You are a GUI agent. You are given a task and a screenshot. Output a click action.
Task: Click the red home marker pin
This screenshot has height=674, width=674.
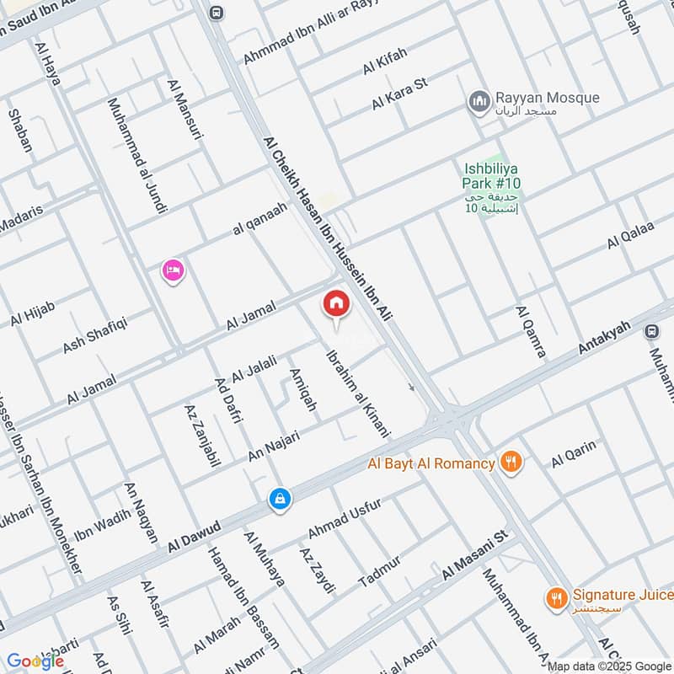tap(336, 304)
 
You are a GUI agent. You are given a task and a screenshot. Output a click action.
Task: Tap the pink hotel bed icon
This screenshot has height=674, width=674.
tap(173, 270)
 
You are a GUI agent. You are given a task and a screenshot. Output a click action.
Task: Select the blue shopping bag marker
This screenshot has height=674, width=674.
tap(280, 499)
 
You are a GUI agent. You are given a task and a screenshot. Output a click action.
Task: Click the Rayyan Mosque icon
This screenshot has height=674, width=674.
tap(480, 102)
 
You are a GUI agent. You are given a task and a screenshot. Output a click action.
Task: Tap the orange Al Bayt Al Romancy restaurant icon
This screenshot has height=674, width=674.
tap(511, 462)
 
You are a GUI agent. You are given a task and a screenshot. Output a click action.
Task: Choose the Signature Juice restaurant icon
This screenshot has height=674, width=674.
tap(555, 597)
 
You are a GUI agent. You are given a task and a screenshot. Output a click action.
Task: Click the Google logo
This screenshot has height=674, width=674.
tap(35, 661)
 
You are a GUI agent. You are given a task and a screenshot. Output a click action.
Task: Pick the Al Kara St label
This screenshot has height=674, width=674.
tap(401, 94)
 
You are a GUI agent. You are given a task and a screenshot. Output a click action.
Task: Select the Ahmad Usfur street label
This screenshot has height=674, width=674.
tap(345, 519)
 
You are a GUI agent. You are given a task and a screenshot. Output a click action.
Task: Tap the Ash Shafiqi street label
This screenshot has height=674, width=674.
tap(94, 334)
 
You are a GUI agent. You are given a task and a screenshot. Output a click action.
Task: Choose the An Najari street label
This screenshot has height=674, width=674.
tap(279, 443)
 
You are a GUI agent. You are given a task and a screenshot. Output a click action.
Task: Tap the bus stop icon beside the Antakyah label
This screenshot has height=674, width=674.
tap(651, 332)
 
